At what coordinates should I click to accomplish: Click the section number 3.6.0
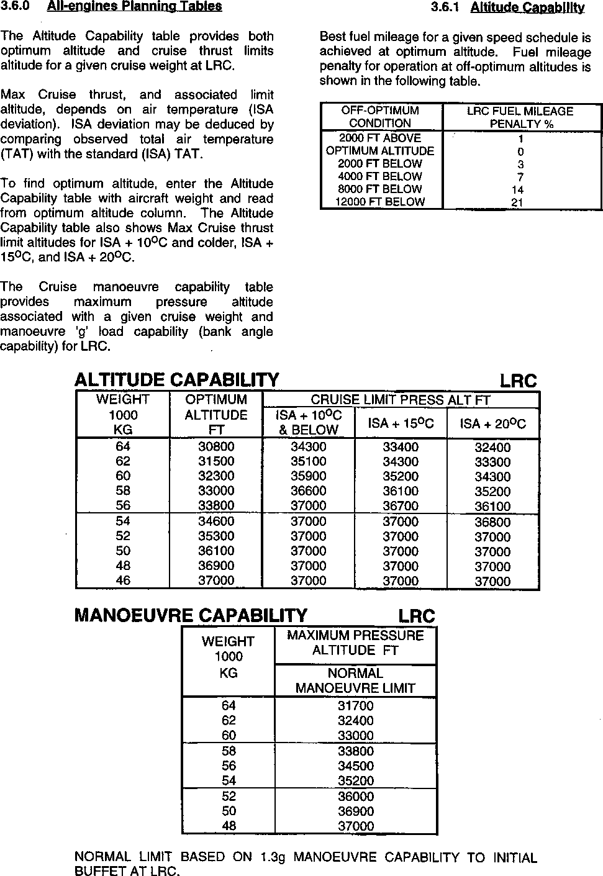16,6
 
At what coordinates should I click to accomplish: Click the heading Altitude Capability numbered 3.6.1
527,7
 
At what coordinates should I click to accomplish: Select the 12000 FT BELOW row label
380,202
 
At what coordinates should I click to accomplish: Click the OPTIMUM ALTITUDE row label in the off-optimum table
380,151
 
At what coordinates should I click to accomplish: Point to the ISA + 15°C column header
401,423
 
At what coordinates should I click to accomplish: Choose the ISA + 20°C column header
492,423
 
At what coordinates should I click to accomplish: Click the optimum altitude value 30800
216,447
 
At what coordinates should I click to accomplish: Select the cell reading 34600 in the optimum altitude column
216,522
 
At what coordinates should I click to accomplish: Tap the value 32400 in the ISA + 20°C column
492,448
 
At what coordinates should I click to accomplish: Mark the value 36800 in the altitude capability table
492,522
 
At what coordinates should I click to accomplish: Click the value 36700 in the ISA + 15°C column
401,506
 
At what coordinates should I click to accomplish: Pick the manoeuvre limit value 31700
356,706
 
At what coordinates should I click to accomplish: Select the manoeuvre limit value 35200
356,781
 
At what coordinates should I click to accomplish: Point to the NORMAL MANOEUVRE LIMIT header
355,680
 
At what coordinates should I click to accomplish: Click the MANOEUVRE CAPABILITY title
191,615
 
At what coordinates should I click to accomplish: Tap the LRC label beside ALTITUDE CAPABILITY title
518,381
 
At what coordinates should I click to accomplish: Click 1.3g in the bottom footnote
273,857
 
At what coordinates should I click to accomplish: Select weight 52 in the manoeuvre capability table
229,797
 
